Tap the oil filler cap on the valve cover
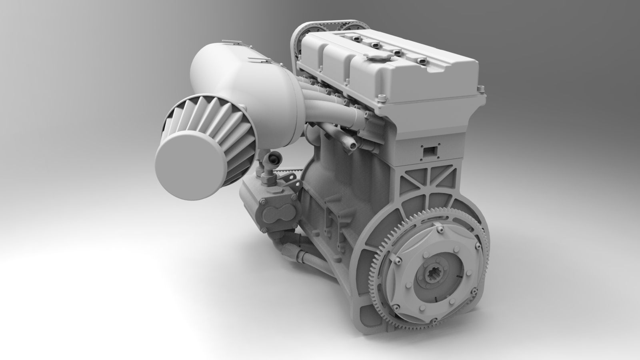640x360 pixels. pyautogui.click(x=375, y=59)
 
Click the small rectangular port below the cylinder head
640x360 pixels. pyautogui.click(x=430, y=151)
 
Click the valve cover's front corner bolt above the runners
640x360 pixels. pyautogui.click(x=383, y=97)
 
